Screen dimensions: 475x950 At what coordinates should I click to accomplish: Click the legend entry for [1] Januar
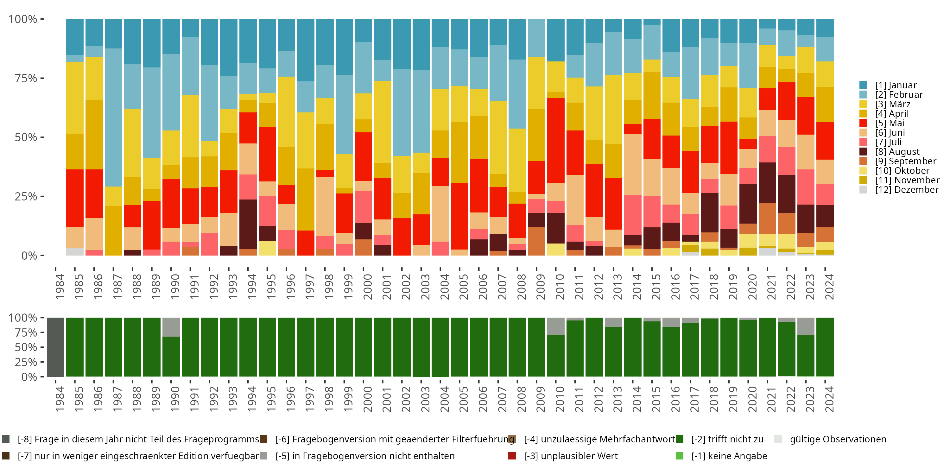point(896,85)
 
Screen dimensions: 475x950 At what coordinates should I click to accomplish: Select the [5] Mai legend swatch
point(863,123)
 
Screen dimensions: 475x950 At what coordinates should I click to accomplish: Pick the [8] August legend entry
point(897,152)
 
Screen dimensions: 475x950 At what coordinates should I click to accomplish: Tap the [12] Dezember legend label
point(907,190)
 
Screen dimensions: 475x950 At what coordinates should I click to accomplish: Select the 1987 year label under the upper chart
point(117,287)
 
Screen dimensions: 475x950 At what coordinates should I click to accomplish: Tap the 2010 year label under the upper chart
point(560,287)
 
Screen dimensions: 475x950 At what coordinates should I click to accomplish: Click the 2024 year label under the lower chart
point(829,399)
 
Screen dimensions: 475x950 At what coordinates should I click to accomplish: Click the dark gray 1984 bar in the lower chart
point(56,347)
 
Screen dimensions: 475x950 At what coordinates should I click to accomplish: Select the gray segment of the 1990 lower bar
point(171,327)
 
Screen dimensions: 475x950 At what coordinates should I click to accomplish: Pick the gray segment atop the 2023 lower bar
point(806,326)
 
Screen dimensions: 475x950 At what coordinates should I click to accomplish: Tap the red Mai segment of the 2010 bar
point(556,140)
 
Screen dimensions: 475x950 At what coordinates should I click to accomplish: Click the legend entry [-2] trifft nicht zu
point(726,439)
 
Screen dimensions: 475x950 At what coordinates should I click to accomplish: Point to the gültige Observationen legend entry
point(837,439)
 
